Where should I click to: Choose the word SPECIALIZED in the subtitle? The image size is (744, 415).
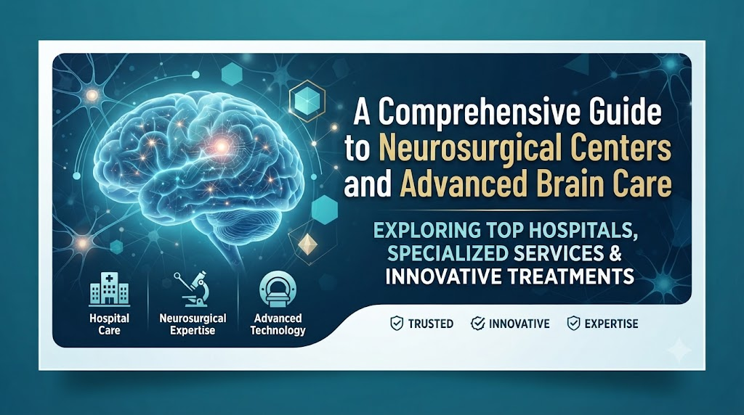448,253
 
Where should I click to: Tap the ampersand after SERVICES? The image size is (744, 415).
615,253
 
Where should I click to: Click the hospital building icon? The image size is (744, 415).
110,289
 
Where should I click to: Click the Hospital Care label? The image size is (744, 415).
110,324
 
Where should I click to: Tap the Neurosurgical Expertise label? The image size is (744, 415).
193,324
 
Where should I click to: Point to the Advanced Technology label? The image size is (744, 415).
278,324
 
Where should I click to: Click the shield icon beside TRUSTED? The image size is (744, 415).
397,324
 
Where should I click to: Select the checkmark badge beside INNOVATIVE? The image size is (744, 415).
477,324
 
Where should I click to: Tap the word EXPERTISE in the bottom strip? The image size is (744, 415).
611,324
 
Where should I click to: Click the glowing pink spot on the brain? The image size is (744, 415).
221,147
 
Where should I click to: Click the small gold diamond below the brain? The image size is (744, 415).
307,244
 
